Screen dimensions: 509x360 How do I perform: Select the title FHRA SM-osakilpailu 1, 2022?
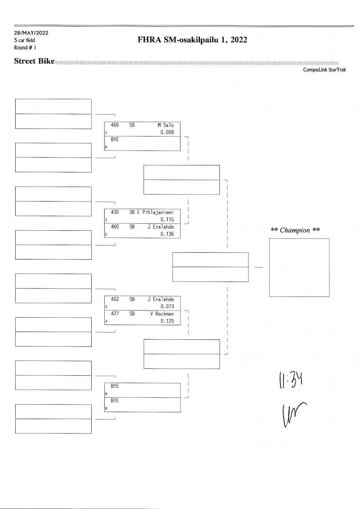(x=192, y=40)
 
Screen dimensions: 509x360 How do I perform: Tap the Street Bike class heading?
(x=34, y=61)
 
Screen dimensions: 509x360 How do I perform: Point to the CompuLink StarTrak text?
(x=324, y=70)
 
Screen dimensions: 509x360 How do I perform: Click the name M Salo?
(x=166, y=126)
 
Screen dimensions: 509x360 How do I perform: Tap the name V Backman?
(x=162, y=314)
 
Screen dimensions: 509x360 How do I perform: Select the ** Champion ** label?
(x=295, y=230)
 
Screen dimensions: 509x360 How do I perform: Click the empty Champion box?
(x=299, y=267)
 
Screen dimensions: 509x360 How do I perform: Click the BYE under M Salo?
(x=115, y=139)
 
